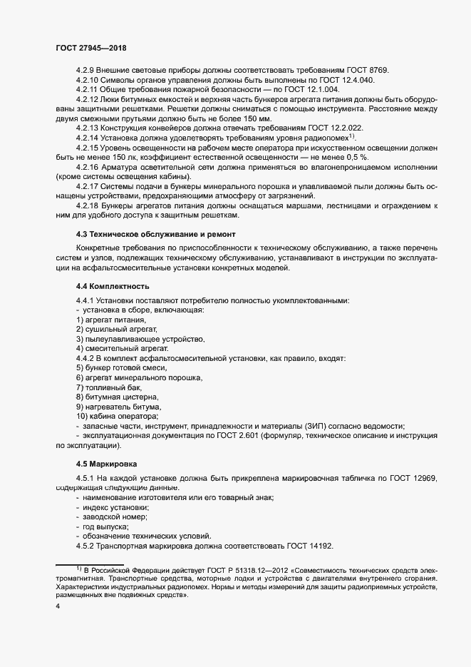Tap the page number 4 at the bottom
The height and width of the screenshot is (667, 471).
58,607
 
